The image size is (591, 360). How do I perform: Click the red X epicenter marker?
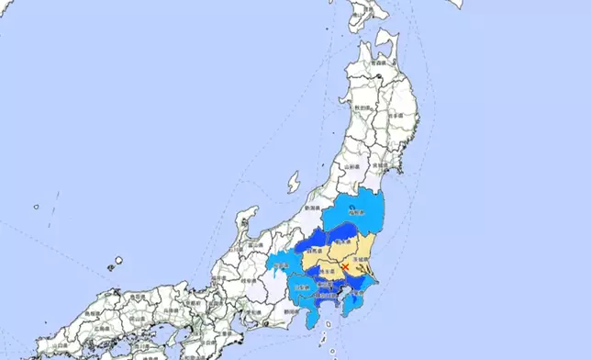[x=344, y=266]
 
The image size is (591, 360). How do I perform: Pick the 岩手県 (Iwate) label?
[x=396, y=117]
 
